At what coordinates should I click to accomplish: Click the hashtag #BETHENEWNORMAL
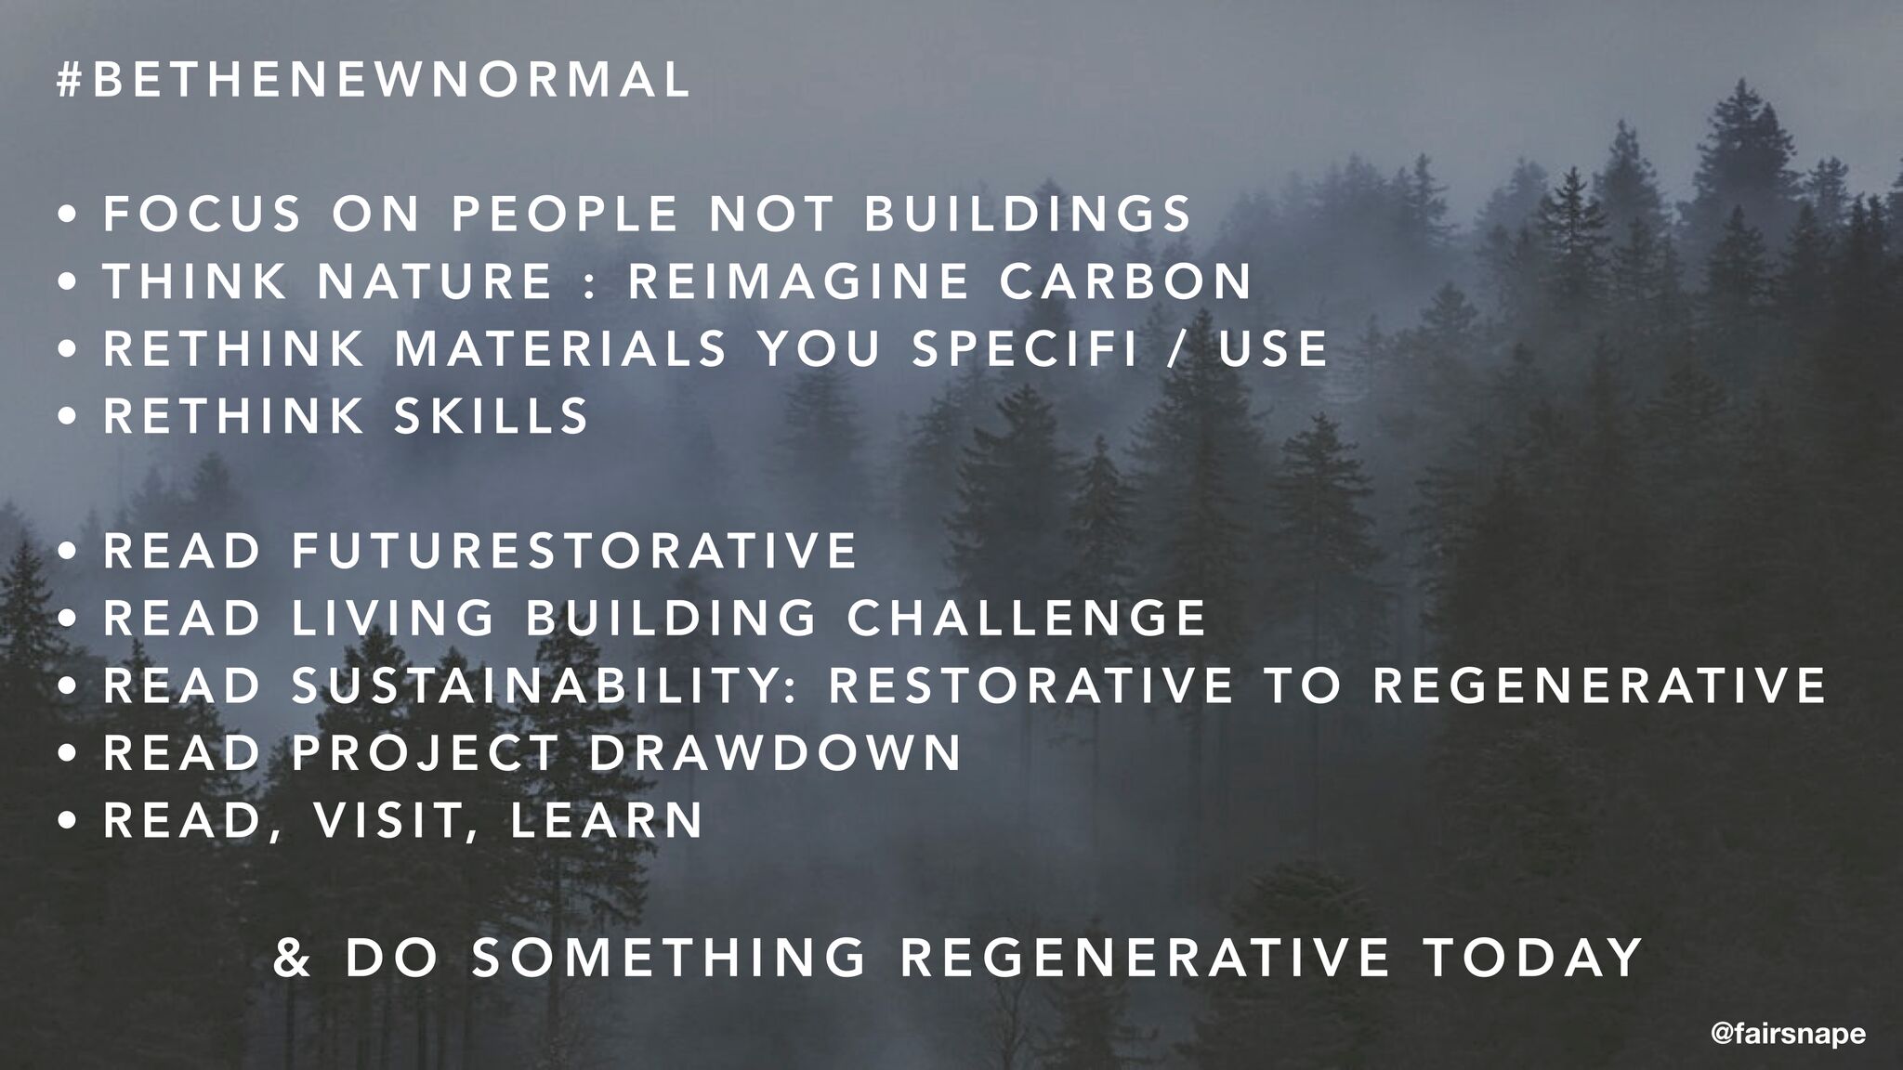point(374,80)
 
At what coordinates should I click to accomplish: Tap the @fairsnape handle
point(1788,1034)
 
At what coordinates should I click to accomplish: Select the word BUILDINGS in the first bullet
point(1028,213)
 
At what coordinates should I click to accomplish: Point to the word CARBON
point(1126,281)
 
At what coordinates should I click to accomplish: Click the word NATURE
point(435,281)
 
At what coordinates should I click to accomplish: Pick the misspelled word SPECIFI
point(1024,348)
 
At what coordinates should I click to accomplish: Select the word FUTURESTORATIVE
point(574,550)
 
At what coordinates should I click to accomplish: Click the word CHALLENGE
point(1027,618)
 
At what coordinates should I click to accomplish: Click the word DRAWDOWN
point(776,752)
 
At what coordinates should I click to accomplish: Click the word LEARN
point(607,820)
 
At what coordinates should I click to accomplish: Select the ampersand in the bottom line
point(294,958)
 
